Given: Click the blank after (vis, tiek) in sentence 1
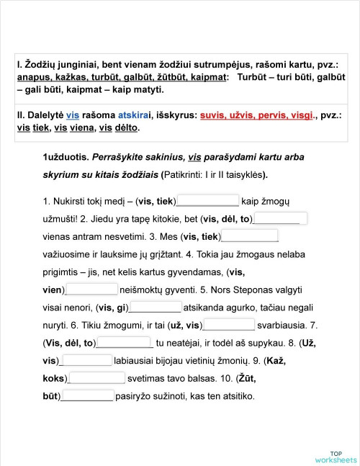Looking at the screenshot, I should (207, 201).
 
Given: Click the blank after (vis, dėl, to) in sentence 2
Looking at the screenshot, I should (282, 219).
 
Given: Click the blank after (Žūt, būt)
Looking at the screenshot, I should (87, 395).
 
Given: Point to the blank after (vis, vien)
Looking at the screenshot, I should (91, 290).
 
